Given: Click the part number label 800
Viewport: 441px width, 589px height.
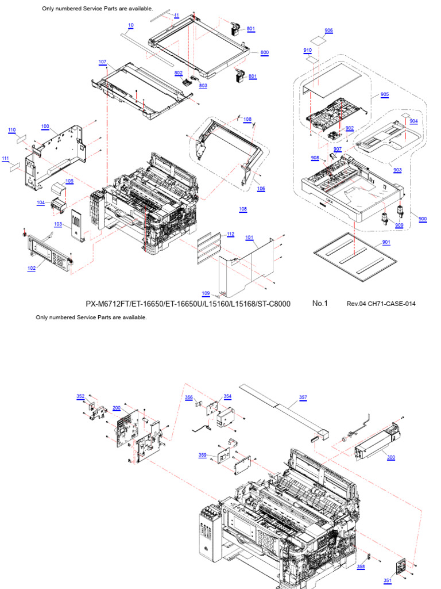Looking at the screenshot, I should click(264, 52).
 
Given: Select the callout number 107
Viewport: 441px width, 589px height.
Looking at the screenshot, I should click(102, 62).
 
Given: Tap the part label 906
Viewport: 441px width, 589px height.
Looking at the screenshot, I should click(328, 30).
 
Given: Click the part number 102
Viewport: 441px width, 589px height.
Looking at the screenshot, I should click(31, 268).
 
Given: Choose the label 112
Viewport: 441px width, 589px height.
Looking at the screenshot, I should click(230, 234).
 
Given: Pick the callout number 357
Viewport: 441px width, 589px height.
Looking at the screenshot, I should click(303, 397).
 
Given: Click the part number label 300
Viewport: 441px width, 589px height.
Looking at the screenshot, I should click(391, 458).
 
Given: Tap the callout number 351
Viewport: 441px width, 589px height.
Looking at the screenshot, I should click(388, 580).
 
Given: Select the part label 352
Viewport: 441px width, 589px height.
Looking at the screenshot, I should click(80, 396).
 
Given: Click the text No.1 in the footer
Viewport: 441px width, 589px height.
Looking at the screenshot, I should click(320, 303).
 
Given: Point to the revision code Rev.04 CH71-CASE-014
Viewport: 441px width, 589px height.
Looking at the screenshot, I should click(381, 304).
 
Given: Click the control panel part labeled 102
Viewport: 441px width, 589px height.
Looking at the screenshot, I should click(49, 251).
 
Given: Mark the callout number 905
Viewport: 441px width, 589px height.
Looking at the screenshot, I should click(384, 94).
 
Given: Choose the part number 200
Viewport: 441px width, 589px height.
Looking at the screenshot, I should click(116, 408).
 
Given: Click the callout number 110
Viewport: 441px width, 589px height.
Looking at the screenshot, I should click(11, 130).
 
